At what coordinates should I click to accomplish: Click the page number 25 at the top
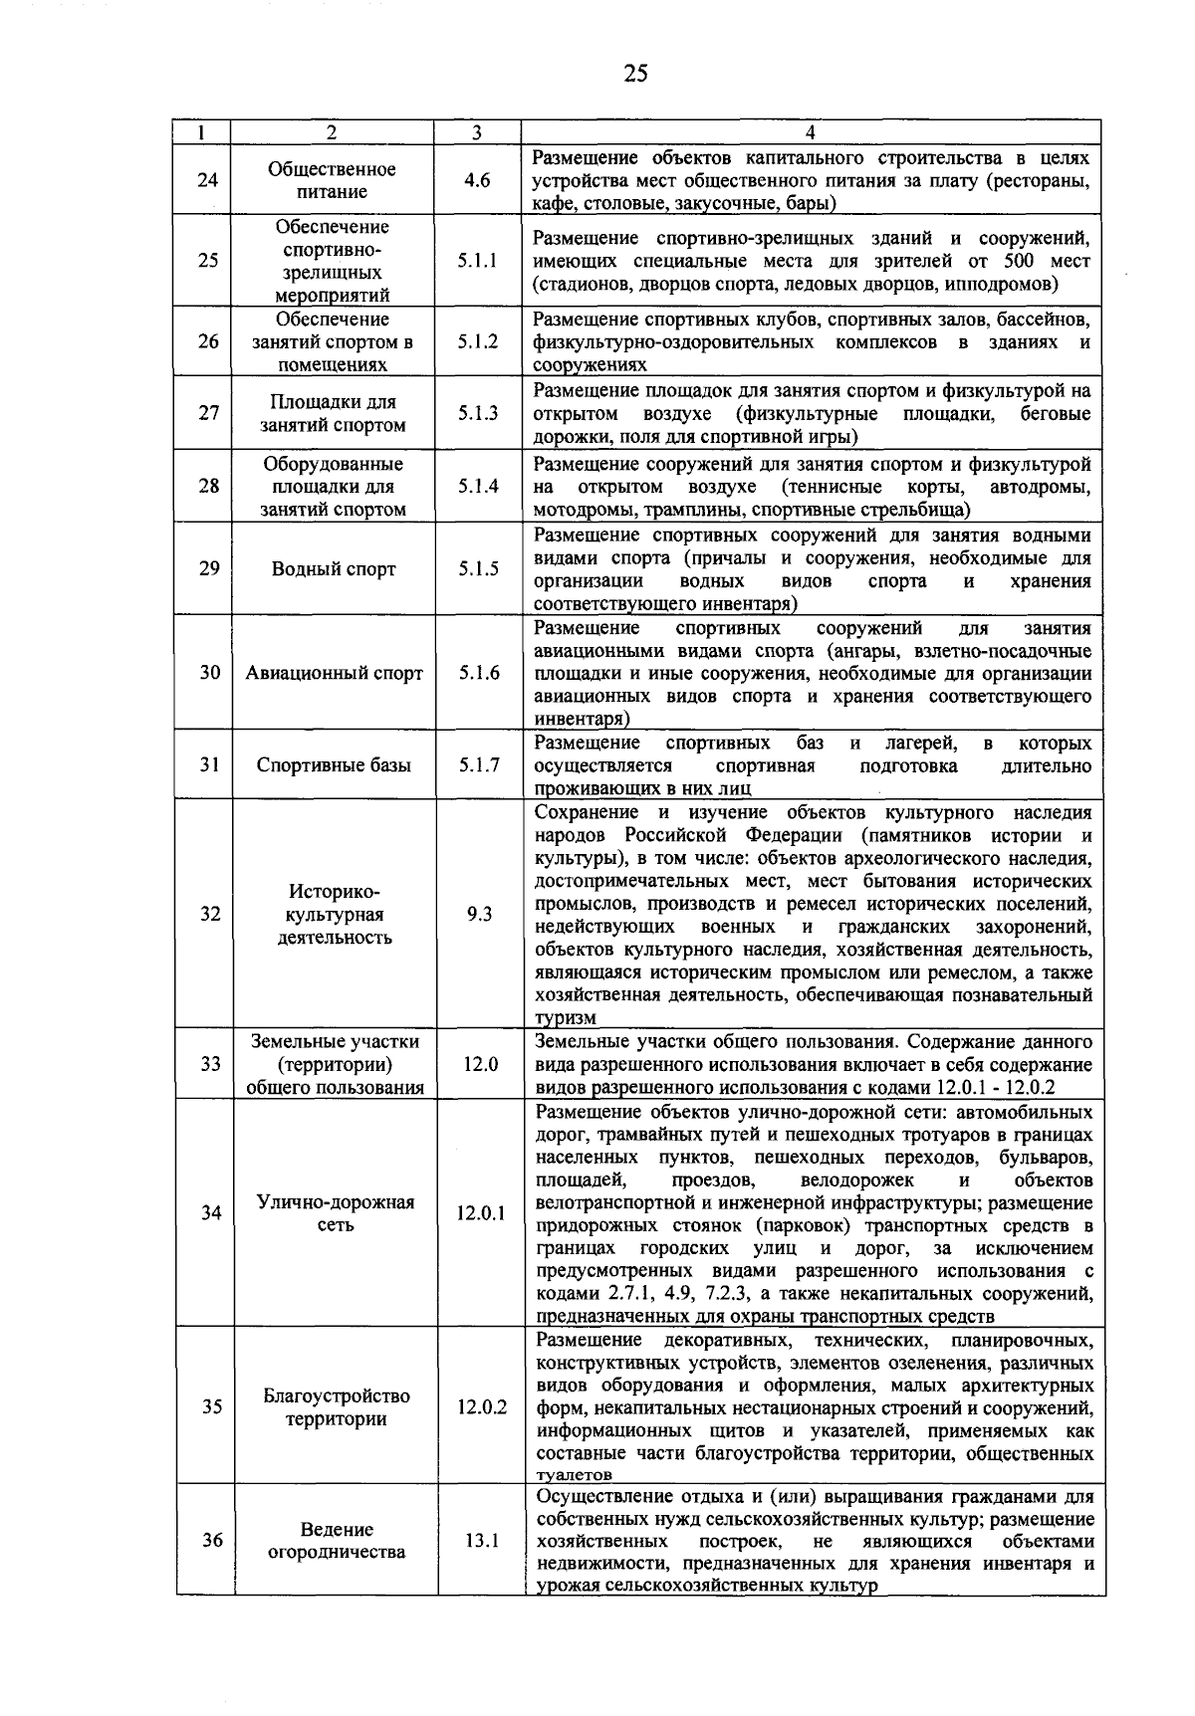635,73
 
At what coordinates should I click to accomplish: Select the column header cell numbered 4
811,132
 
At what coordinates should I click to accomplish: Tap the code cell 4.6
477,181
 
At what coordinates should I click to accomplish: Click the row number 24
207,181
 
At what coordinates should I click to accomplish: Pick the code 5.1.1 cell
478,261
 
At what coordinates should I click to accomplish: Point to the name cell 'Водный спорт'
334,569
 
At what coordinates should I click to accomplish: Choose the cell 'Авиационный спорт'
334,673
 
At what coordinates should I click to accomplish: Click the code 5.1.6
479,673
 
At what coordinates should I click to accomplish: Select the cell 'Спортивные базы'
334,765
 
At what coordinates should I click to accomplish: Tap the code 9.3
479,914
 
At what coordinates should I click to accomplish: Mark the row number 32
209,914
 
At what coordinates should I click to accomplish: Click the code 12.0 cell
480,1064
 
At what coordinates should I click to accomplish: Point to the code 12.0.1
481,1213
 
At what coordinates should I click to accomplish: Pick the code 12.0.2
482,1407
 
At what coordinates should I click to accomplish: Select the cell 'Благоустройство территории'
337,1407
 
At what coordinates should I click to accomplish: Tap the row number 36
212,1540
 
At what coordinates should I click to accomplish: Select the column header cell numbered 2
332,132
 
